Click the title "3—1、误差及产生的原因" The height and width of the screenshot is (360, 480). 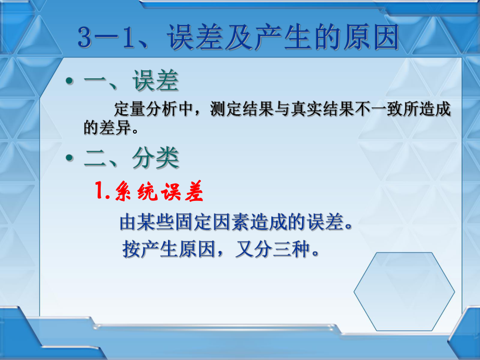click(238, 39)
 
